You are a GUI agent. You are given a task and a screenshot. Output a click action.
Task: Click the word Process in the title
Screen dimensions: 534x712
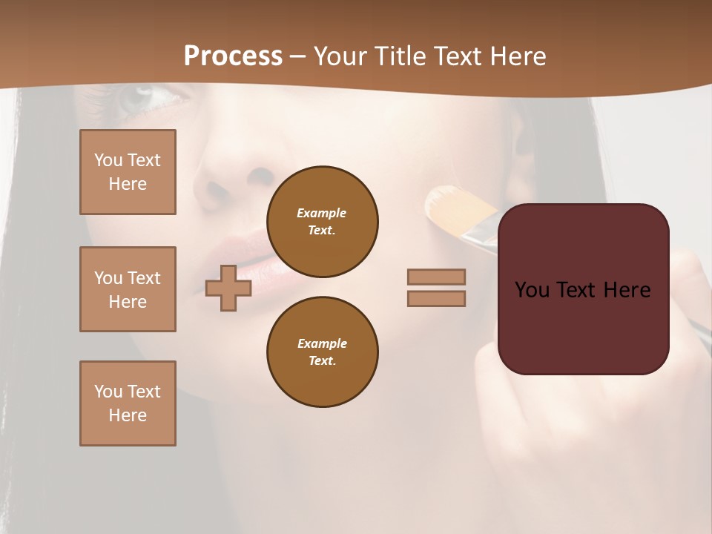click(x=233, y=56)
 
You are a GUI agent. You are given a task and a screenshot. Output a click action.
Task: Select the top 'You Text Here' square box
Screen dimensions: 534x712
click(x=128, y=172)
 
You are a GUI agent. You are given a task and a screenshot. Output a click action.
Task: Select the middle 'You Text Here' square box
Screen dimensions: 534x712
click(x=128, y=289)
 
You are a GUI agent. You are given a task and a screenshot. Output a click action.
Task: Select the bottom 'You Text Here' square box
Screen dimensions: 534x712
click(x=128, y=403)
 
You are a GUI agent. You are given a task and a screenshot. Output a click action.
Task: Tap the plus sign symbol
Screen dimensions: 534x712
click(x=228, y=288)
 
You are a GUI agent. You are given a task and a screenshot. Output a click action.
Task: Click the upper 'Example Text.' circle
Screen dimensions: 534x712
click(x=323, y=222)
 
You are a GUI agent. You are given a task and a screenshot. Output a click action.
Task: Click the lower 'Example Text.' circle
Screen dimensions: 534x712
click(x=323, y=352)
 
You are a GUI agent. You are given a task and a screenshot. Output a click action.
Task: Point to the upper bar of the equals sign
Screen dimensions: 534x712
click(x=436, y=277)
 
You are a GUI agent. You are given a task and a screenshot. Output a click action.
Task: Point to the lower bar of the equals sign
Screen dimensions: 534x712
click(x=436, y=298)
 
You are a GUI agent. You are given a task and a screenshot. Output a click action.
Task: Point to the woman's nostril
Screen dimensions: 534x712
click(x=260, y=177)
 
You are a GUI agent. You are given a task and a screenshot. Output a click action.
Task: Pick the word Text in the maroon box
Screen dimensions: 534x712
click(x=582, y=290)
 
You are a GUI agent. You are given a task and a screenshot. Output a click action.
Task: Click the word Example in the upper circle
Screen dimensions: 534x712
click(x=321, y=213)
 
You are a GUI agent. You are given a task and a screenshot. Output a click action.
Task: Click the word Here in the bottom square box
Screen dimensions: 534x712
click(x=128, y=415)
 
